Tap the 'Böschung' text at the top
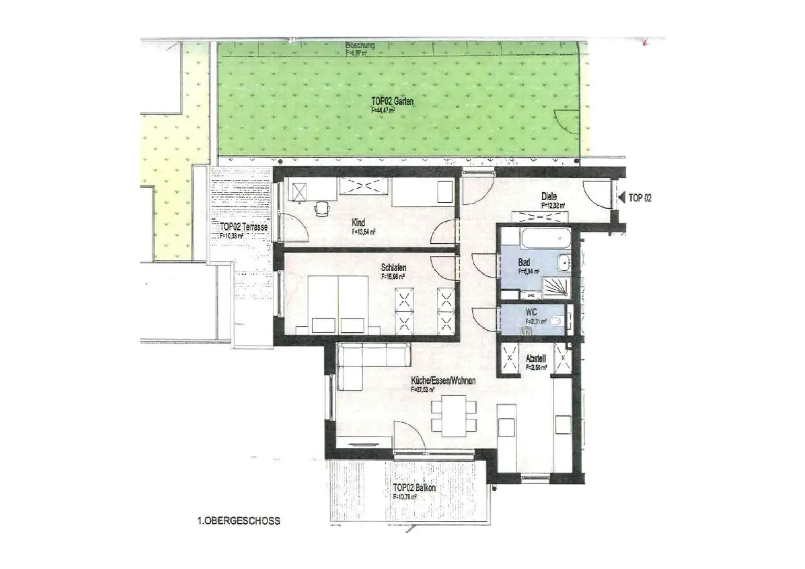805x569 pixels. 360,46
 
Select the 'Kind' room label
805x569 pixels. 358,223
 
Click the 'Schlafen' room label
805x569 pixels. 393,268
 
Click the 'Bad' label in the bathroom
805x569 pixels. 524,262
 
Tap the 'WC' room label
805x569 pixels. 531,312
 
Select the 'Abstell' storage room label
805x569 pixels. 536,359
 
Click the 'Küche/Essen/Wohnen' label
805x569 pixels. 443,381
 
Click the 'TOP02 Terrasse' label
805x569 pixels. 244,227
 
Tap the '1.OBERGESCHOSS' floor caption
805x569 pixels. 238,521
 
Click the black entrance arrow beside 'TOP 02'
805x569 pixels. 622,198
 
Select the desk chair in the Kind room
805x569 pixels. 321,209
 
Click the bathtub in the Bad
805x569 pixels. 547,240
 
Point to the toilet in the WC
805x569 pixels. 556,321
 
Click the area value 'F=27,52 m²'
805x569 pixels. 423,390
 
